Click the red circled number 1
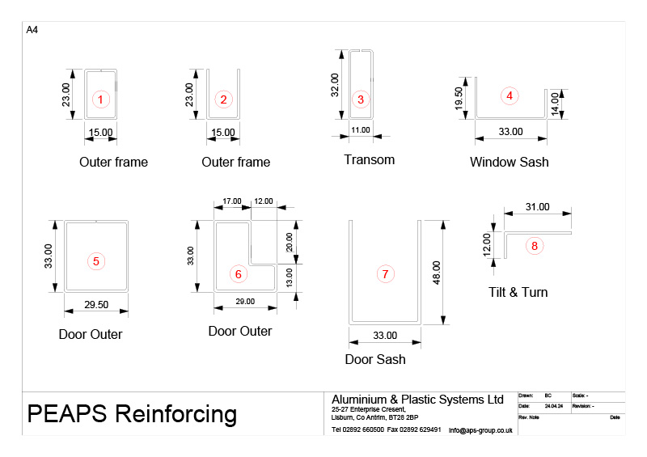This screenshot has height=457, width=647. pyautogui.click(x=100, y=99)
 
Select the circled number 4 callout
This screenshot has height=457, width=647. pyautogui.click(x=509, y=95)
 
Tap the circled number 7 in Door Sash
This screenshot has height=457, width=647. pyautogui.click(x=385, y=274)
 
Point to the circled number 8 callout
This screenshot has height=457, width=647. pyautogui.click(x=533, y=246)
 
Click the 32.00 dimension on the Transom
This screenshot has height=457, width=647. pyautogui.click(x=336, y=85)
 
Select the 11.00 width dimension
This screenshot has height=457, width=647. pyautogui.click(x=361, y=130)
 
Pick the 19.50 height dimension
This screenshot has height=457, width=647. pyautogui.click(x=459, y=99)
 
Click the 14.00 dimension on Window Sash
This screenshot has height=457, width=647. pyautogui.click(x=555, y=104)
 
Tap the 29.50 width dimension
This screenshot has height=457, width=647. pyautogui.click(x=96, y=305)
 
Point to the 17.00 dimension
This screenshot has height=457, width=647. pyautogui.click(x=231, y=201)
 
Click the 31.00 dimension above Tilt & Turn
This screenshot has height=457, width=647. pyautogui.click(x=538, y=207)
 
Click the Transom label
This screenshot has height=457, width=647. pyautogui.click(x=369, y=159)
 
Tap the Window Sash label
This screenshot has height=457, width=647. pyautogui.click(x=509, y=162)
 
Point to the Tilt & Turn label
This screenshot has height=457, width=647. pyautogui.click(x=518, y=292)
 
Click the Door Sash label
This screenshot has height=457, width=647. pyautogui.click(x=375, y=359)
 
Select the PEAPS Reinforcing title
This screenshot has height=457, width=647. pyautogui.click(x=132, y=414)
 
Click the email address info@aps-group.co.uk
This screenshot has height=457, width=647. pyautogui.click(x=480, y=430)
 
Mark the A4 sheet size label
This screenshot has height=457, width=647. pyautogui.click(x=32, y=30)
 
